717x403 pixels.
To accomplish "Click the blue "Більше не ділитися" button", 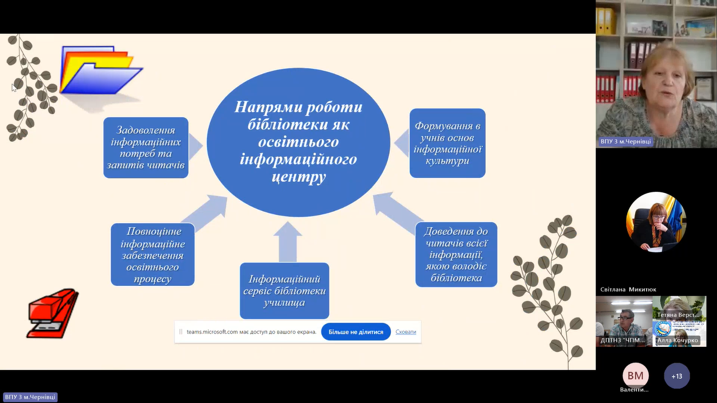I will [x=356, y=332].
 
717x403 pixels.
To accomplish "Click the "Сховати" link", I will [x=406, y=332].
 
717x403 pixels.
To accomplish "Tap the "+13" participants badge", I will [x=677, y=376].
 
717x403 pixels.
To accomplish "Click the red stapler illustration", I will [x=52, y=312].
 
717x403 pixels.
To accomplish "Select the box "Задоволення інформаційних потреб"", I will [x=146, y=148].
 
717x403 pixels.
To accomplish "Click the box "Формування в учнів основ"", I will [x=448, y=143].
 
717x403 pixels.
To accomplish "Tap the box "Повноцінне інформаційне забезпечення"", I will [x=152, y=254].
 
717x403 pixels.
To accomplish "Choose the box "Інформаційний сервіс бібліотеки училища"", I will [x=284, y=291].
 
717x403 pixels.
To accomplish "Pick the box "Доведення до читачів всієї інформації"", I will [x=456, y=254].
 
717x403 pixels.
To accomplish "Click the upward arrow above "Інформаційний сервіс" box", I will [x=287, y=241].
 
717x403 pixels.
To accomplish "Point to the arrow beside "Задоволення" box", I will [x=195, y=146].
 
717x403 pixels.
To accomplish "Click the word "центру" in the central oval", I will [x=299, y=176].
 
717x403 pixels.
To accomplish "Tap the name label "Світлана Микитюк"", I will [x=628, y=290].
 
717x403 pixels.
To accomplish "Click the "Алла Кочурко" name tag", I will [x=678, y=340].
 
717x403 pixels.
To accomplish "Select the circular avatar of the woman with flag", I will [x=656, y=222].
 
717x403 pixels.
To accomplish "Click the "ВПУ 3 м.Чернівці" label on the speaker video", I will [x=626, y=142].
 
